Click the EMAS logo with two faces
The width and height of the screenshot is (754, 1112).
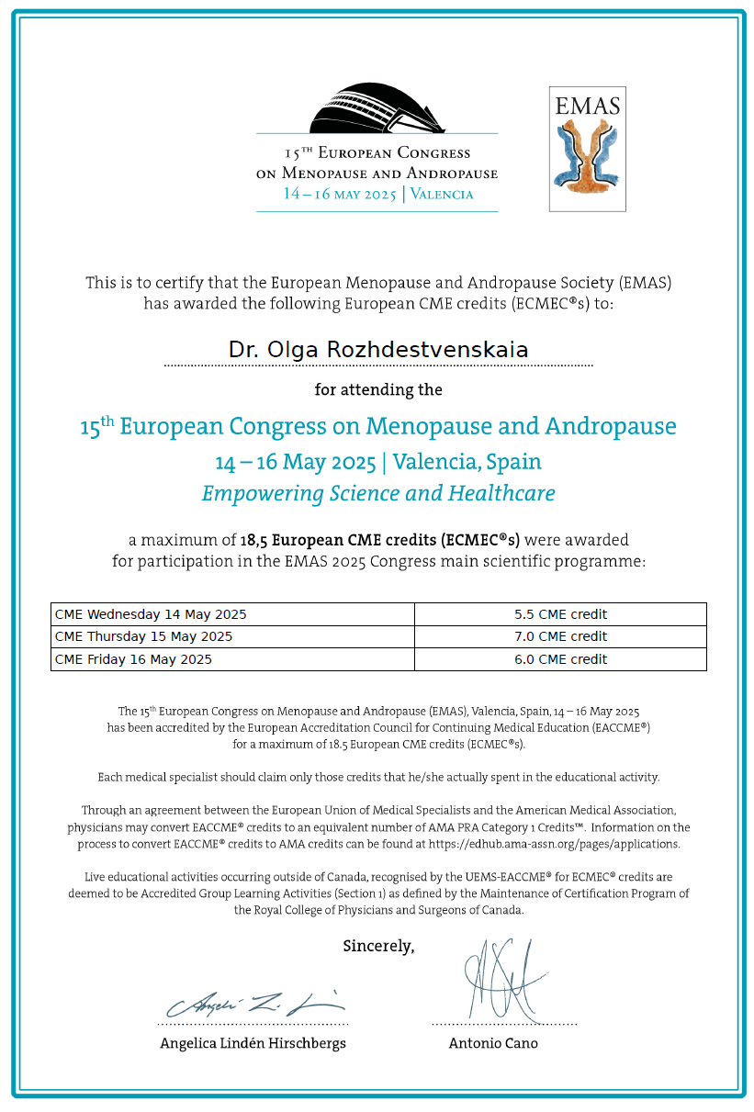(x=587, y=149)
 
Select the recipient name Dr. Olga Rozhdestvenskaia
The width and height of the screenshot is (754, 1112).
(x=377, y=350)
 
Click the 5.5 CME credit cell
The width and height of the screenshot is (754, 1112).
(x=560, y=614)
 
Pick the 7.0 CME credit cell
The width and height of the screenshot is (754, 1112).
(x=560, y=636)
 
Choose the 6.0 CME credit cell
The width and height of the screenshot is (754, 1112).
(x=560, y=659)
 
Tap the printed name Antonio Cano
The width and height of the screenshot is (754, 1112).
(x=493, y=1043)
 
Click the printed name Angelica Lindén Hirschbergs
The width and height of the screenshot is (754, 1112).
(x=253, y=1043)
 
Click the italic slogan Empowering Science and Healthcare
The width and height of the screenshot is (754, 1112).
(x=378, y=493)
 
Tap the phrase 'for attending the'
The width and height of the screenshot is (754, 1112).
(x=378, y=389)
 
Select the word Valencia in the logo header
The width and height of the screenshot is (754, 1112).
(x=442, y=194)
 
